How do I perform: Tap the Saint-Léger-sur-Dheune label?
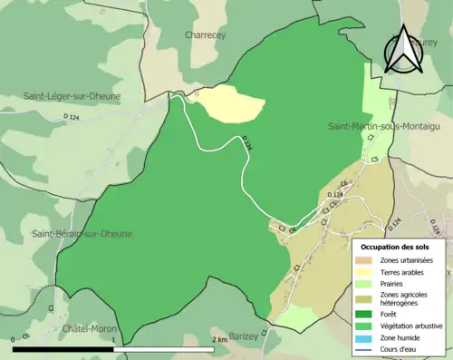pos(72,96)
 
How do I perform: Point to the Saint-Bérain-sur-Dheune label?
pos(82,233)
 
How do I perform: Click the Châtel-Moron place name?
pos(89,328)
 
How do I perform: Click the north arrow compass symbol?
pos(403,50)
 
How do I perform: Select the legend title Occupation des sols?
pos(400,247)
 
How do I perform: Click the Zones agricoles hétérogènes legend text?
pos(404,298)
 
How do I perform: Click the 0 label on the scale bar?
pos(14,339)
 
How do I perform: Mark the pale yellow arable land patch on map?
pos(231,104)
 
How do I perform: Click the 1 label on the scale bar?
pos(113,339)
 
